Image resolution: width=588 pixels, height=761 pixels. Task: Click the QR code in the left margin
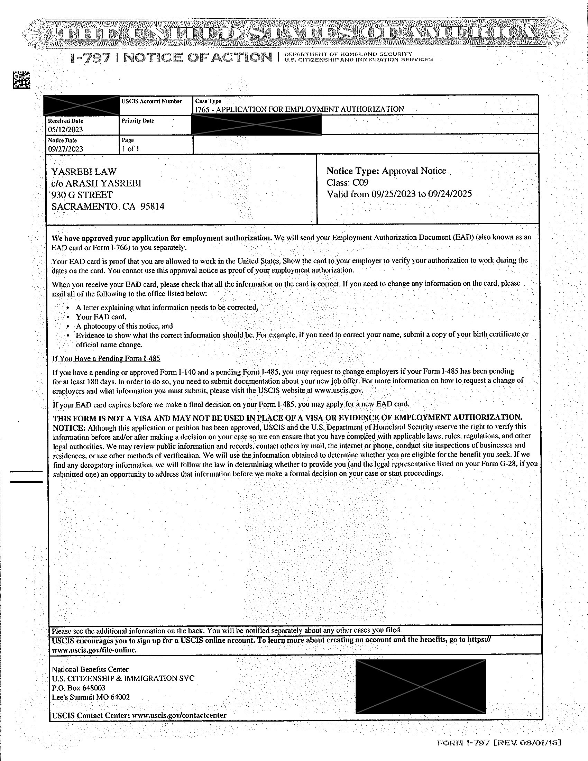[x=21, y=80]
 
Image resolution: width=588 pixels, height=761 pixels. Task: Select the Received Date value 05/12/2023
[x=65, y=130]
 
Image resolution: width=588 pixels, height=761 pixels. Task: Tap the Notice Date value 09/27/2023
[x=65, y=149]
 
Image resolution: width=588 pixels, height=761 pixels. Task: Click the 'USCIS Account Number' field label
[x=151, y=101]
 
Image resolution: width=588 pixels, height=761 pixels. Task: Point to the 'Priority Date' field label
[x=138, y=121]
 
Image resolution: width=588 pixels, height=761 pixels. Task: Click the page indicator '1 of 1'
[x=130, y=149]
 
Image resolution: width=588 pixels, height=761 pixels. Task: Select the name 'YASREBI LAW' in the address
[x=84, y=172]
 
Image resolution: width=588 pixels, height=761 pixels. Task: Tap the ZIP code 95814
[x=152, y=207]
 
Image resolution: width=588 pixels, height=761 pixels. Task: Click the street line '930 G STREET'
[x=82, y=195]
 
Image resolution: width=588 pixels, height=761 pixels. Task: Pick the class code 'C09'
[x=360, y=183]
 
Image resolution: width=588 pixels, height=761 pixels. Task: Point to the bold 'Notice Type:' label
[x=352, y=171]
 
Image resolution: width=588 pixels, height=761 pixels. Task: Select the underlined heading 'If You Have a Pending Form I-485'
[x=106, y=359]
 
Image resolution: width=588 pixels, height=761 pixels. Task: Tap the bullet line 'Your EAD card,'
[x=101, y=317]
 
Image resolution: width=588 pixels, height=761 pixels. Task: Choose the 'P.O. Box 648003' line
[x=79, y=688]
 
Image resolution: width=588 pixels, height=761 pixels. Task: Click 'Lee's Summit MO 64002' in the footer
[x=91, y=697]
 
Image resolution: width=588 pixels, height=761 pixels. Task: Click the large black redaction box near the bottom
[x=421, y=686]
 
